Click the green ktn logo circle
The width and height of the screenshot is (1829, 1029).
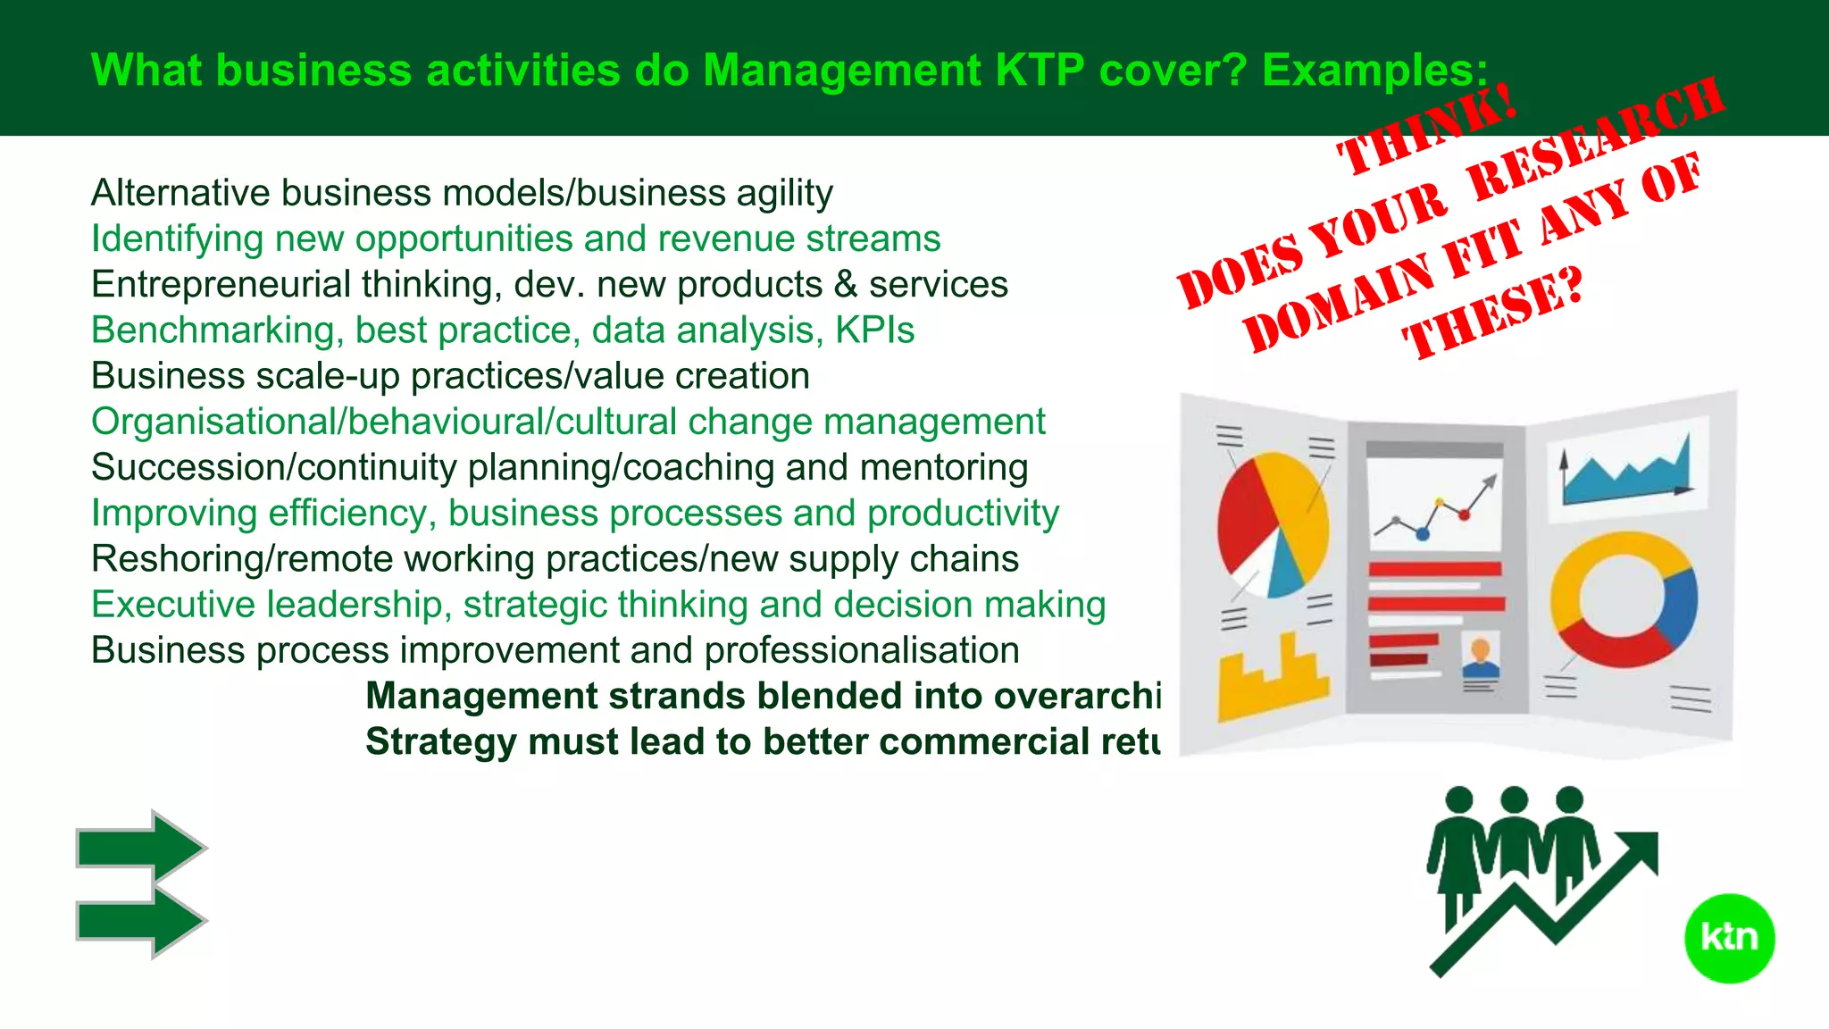click(x=1729, y=938)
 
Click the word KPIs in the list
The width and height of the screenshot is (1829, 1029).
click(x=874, y=330)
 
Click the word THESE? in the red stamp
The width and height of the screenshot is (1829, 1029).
click(x=1492, y=313)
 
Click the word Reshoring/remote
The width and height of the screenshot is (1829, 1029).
click(x=242, y=559)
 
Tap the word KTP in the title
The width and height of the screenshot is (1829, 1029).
click(x=1040, y=70)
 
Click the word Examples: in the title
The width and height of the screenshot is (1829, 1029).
click(x=1375, y=70)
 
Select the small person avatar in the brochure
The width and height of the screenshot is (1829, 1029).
click(x=1480, y=659)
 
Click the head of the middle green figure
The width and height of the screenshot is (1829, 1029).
click(x=1514, y=799)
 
